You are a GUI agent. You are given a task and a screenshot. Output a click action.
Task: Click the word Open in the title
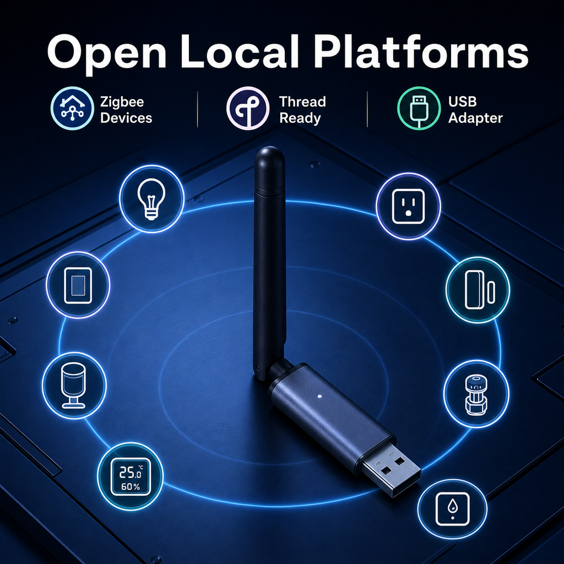coord(107,53)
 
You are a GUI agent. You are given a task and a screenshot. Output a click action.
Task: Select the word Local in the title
coord(239,51)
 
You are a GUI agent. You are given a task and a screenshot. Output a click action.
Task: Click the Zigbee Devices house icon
coord(72,108)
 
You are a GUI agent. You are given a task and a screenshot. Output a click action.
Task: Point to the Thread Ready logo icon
coord(248,108)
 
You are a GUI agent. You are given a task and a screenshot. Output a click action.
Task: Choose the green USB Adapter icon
coord(419,108)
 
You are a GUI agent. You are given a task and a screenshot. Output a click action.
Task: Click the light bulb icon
coord(151,199)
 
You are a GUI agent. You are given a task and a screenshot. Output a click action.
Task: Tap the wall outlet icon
coord(408,206)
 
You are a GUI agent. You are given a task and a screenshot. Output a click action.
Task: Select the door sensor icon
coord(478,290)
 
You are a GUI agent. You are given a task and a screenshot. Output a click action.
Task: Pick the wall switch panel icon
coord(78,285)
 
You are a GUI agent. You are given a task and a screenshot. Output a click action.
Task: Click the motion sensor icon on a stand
coord(74,385)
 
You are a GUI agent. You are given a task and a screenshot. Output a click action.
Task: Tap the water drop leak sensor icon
coord(453,509)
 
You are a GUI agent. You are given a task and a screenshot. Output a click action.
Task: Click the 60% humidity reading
coord(131,487)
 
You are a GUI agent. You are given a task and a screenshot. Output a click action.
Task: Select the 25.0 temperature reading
coord(130,472)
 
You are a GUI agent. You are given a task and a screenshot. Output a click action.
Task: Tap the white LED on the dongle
coord(319,397)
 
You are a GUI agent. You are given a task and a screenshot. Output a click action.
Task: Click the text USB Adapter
coord(475,110)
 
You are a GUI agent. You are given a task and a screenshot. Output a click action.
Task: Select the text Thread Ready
coord(302,110)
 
